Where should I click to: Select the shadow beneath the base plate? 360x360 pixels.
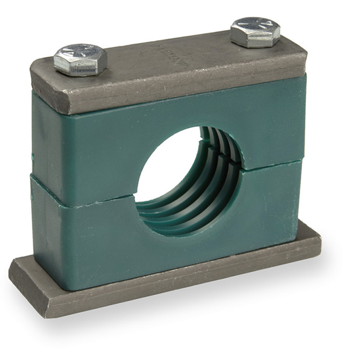click(192, 312)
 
